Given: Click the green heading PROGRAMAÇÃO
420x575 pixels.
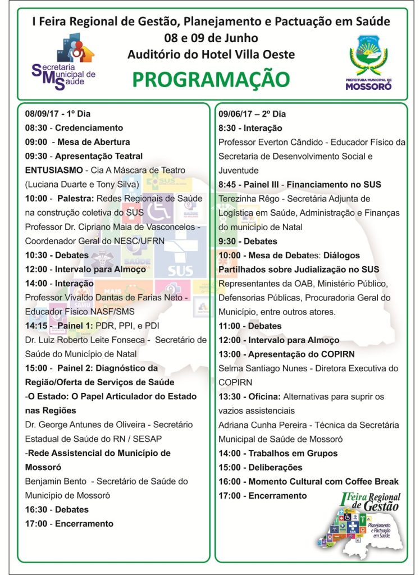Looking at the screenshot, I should tap(211, 79).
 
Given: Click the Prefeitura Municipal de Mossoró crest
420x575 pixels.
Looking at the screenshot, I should tap(368, 62).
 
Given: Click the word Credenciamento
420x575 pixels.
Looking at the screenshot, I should tap(89, 127).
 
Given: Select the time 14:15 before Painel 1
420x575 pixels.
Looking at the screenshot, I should tap(35, 326).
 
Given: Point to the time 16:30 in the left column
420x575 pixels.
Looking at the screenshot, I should tap(36, 509).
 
